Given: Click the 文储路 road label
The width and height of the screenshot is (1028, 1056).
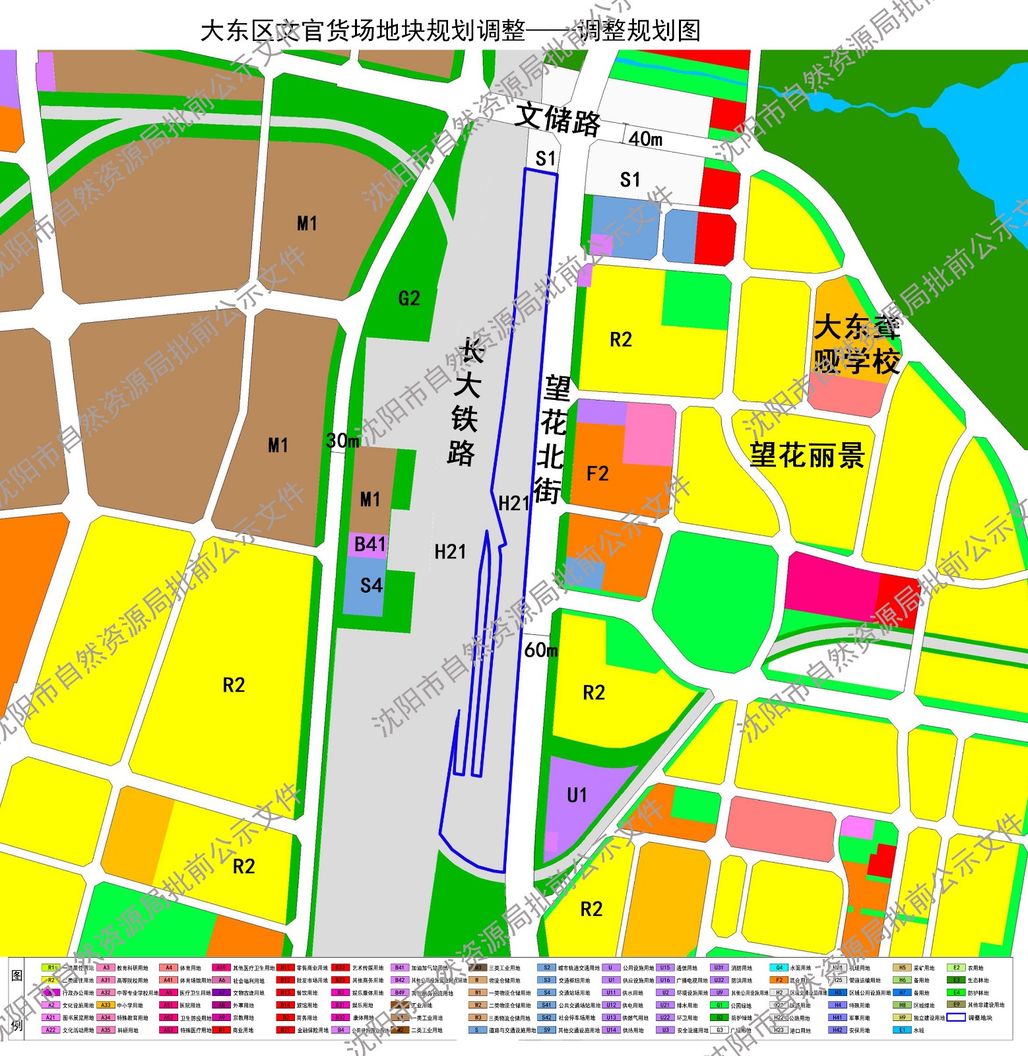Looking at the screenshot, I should [x=558, y=120].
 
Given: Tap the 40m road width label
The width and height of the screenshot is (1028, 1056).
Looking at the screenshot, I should [x=645, y=139].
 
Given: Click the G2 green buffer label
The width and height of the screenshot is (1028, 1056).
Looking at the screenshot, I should [x=409, y=299].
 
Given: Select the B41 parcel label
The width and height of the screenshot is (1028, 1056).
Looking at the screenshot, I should [x=370, y=545].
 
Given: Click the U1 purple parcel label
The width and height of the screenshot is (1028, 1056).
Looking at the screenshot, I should [x=577, y=795].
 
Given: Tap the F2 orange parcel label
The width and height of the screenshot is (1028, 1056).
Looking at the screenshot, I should [x=597, y=474].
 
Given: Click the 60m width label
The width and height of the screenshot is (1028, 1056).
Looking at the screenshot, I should [x=540, y=651].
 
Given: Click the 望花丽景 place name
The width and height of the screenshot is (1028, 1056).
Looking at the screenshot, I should [x=806, y=455].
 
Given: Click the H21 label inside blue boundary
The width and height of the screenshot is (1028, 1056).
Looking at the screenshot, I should [x=514, y=504].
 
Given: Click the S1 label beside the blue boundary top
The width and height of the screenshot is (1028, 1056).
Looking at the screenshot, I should [x=546, y=158].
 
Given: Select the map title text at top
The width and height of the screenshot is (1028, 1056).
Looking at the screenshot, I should [x=450, y=30].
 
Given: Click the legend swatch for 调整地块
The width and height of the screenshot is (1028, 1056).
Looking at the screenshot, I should [x=956, y=1017].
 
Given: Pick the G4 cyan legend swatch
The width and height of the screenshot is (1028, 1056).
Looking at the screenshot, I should [x=779, y=968].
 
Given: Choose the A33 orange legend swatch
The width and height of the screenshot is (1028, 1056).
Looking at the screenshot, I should [x=106, y=1005].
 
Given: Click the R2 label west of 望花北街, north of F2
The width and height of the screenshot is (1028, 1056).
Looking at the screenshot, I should [x=620, y=340].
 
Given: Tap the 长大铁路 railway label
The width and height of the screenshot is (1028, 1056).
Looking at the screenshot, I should [x=466, y=403].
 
